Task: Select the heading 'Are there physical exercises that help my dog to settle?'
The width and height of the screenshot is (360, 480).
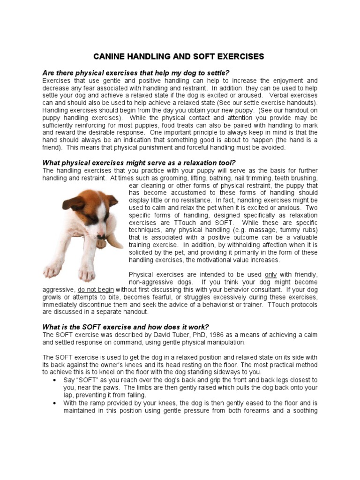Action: click(136, 73)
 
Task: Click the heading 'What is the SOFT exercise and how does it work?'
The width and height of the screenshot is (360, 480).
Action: click(125, 327)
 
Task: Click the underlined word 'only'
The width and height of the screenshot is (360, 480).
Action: click(270, 275)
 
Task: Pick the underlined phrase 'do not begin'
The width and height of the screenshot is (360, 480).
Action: click(96, 290)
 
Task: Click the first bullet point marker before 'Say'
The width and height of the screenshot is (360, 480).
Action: click(56, 380)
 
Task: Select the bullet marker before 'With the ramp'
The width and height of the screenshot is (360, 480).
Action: click(56, 403)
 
